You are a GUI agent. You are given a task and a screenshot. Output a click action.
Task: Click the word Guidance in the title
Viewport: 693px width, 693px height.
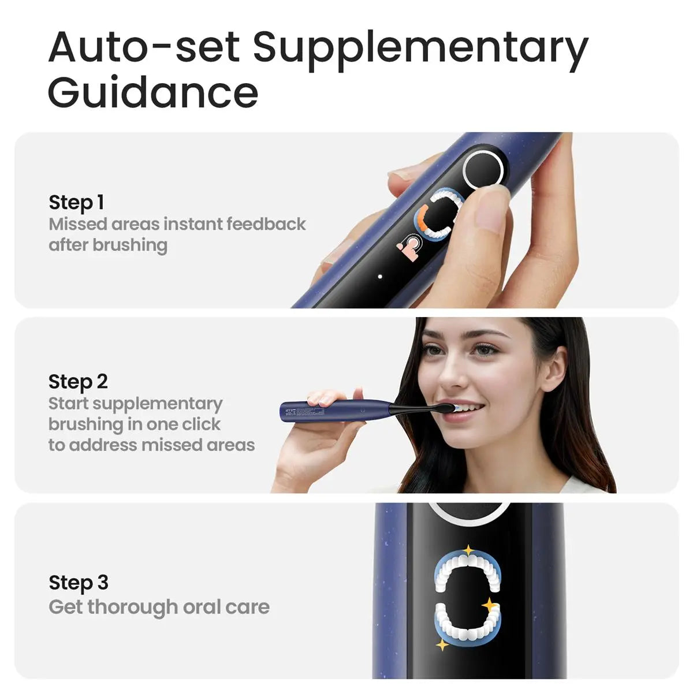[x=153, y=92]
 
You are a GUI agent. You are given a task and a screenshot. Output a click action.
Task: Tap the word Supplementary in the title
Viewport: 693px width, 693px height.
[x=420, y=47]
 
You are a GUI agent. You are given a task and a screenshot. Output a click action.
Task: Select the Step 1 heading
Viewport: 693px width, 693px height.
[x=76, y=203]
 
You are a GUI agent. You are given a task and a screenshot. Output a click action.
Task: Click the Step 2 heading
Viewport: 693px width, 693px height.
[x=78, y=382]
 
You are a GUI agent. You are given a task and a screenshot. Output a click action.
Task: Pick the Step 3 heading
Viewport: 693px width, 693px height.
[x=79, y=583]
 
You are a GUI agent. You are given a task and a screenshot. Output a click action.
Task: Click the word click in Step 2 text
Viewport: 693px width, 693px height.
[x=201, y=424]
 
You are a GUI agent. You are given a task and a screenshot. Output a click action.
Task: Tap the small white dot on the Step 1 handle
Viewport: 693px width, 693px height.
[x=380, y=277]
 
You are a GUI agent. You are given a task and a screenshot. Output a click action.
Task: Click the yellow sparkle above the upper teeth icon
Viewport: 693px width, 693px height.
[x=468, y=550]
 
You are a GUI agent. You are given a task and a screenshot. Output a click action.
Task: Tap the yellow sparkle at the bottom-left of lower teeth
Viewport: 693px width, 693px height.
[x=442, y=644]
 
